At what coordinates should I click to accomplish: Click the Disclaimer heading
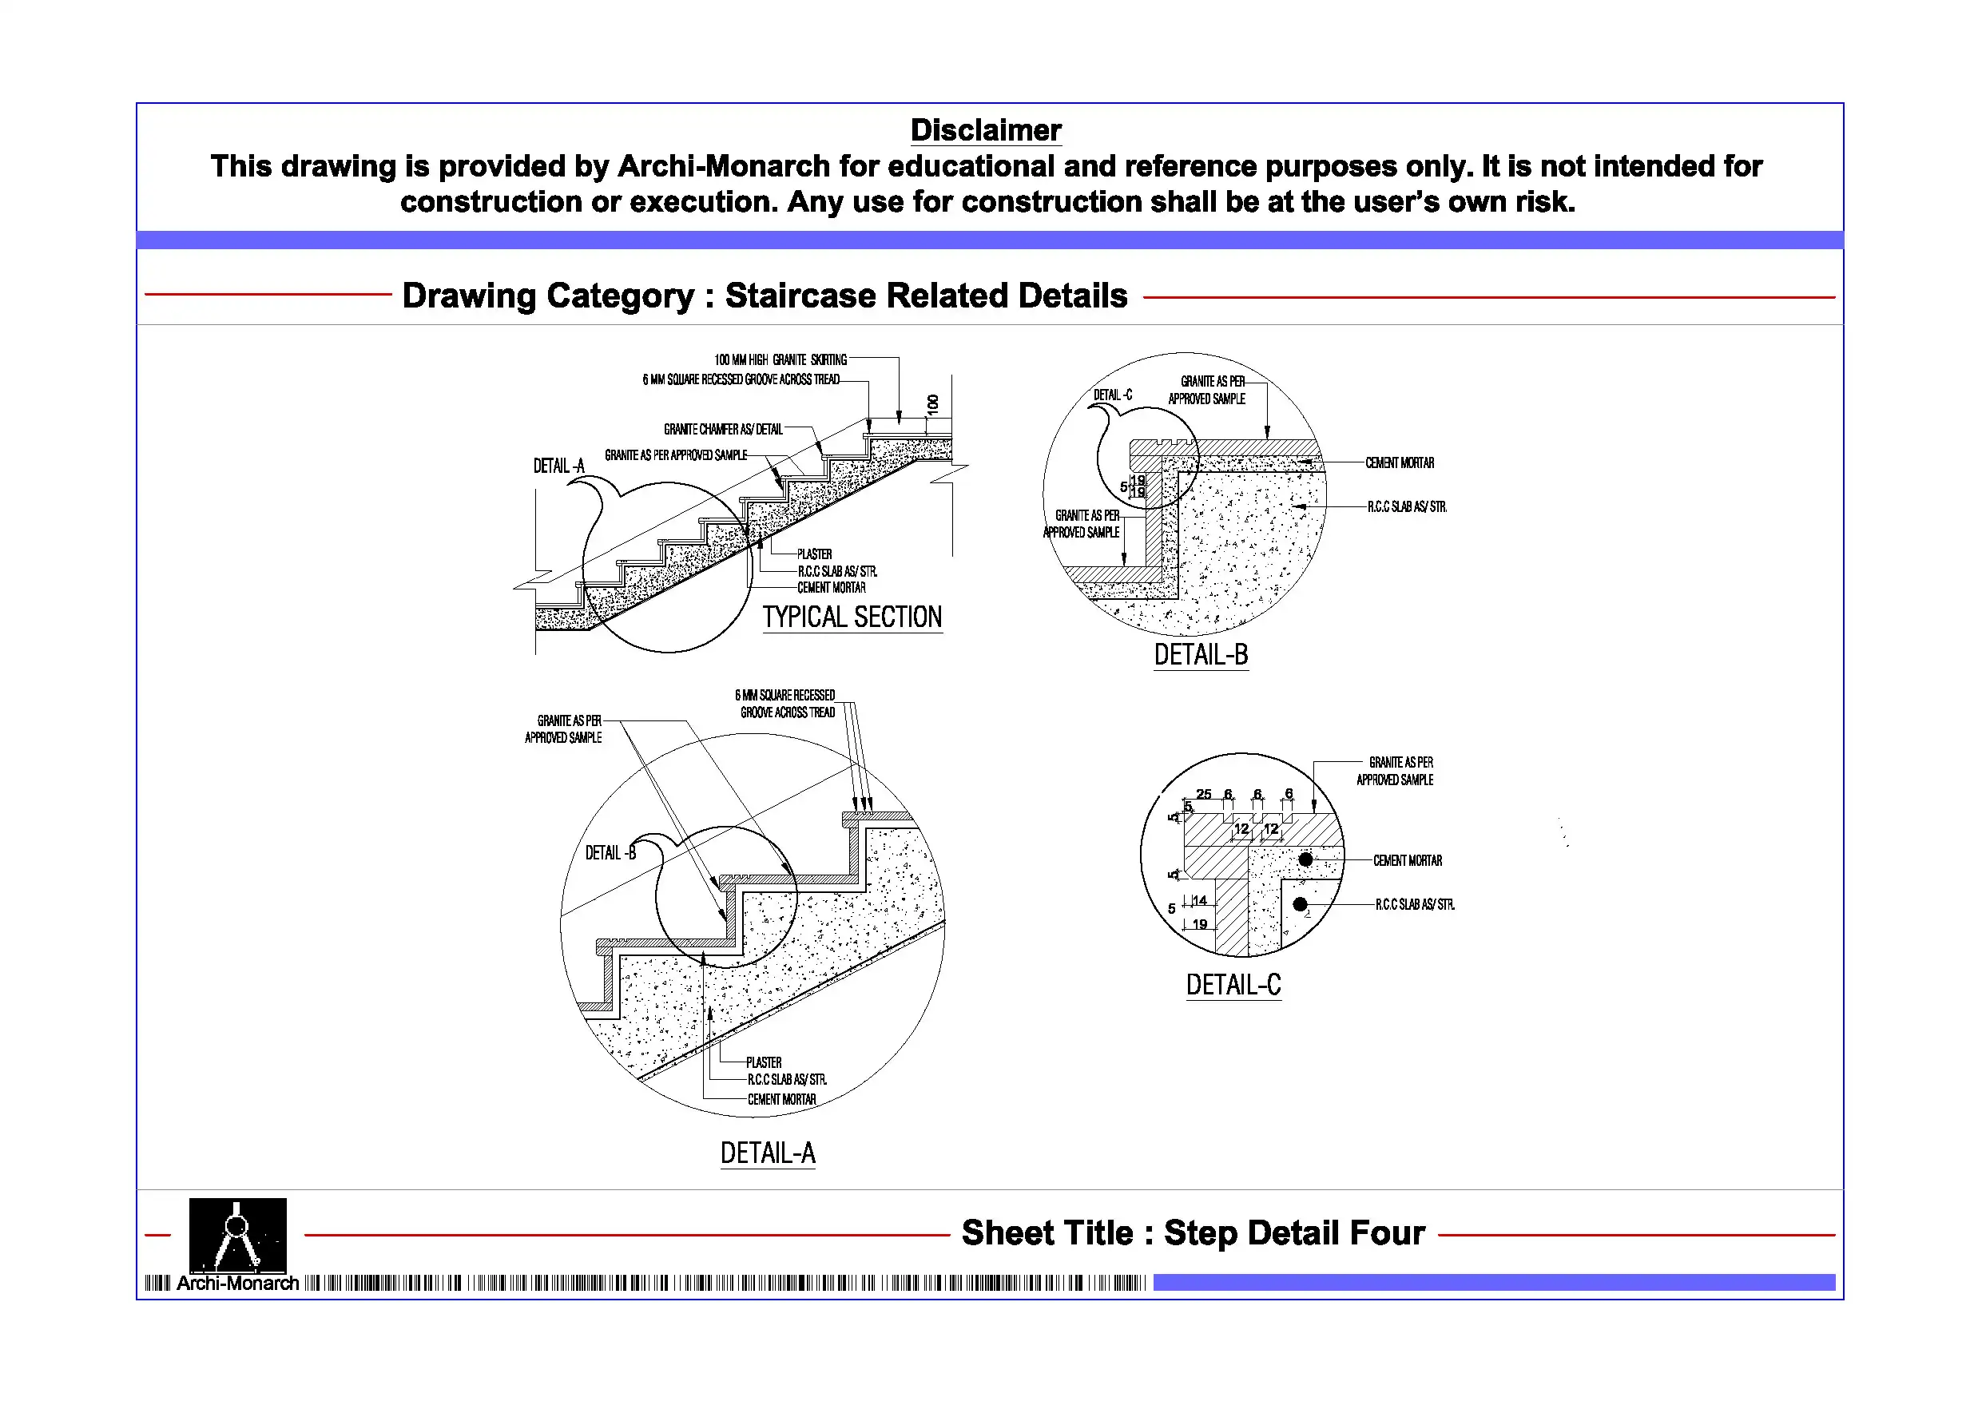click(x=986, y=130)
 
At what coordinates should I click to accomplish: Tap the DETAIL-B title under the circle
click(x=1201, y=655)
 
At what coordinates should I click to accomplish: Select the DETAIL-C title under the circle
click(x=1233, y=985)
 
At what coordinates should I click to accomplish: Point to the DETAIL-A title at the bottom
click(x=768, y=1153)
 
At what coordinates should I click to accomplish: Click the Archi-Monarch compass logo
click(x=237, y=1236)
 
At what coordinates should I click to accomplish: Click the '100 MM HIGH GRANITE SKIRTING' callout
click(x=780, y=360)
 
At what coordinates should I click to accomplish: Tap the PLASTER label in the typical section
click(x=814, y=554)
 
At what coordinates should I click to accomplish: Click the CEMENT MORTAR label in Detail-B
click(x=1400, y=463)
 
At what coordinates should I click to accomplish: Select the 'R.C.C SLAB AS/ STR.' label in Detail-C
click(x=1415, y=905)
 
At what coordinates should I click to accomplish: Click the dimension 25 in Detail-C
click(x=1203, y=794)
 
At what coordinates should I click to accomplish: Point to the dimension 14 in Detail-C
click(x=1200, y=900)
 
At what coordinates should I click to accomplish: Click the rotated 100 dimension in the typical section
click(x=932, y=404)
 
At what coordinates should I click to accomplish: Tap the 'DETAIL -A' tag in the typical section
click(x=558, y=466)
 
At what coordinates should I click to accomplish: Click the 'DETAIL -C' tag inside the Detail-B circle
click(x=1113, y=395)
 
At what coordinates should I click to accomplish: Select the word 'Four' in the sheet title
click(x=1388, y=1233)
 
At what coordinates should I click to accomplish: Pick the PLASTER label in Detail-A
click(x=763, y=1062)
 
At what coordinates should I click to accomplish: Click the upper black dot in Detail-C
click(x=1305, y=859)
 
